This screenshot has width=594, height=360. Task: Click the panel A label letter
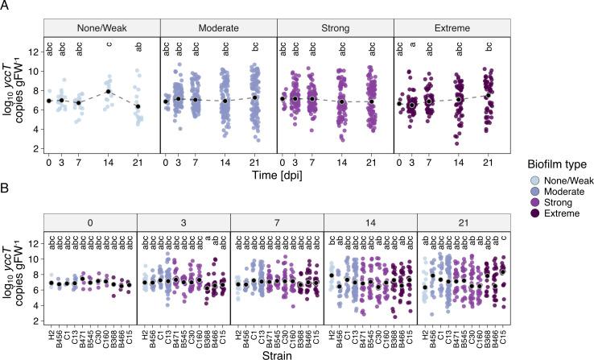(5, 5)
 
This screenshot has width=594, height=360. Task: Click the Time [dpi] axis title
(276, 173)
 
